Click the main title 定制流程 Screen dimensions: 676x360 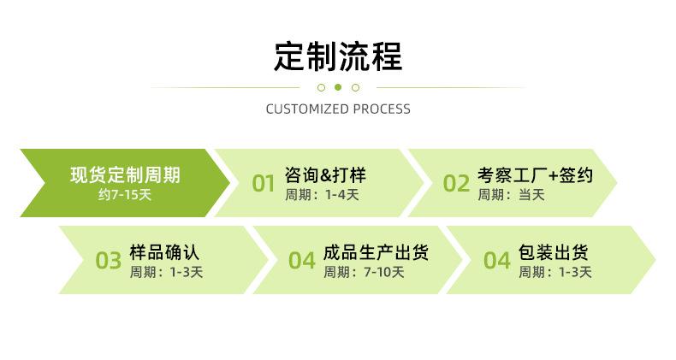coord(338,56)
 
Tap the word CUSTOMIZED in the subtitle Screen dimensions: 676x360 coord(307,109)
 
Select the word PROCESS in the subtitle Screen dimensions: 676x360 coord(382,109)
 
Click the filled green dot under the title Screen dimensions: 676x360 coord(338,87)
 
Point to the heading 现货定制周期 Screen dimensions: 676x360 coord(126,175)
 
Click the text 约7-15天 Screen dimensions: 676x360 coord(125,195)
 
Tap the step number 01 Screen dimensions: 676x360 coord(264,184)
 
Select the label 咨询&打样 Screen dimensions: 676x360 coord(325,175)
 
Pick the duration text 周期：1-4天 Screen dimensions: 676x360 coord(322,195)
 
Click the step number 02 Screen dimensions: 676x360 coord(456,184)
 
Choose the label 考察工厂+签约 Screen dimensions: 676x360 coord(535,175)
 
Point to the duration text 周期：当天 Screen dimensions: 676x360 coord(511,195)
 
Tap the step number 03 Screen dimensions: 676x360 coord(108,261)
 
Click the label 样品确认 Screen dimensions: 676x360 coord(164,252)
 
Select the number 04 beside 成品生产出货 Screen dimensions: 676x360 coord(302,261)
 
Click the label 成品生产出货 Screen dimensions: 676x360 coord(376,252)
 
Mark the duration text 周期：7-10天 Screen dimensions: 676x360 coord(364,272)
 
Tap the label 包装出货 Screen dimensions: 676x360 coord(553,252)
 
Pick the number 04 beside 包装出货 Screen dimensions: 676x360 coord(496,261)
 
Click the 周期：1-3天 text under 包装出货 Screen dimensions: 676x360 coord(554,272)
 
